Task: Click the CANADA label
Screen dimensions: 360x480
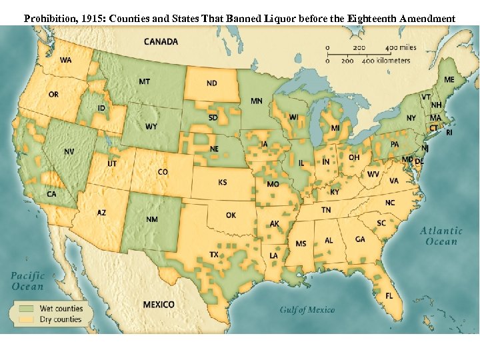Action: pos(161,41)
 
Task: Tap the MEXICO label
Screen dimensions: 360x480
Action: pos(159,305)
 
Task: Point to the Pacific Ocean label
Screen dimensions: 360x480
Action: pos(27,281)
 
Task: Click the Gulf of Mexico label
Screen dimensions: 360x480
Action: pos(307,309)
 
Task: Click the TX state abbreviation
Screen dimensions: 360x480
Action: pos(214,255)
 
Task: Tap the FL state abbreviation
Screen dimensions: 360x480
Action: pos(389,295)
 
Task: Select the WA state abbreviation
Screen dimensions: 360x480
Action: pos(66,60)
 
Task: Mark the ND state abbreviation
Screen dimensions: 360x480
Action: pos(211,83)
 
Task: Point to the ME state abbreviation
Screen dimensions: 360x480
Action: pos(449,80)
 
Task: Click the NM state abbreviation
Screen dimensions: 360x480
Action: pos(151,219)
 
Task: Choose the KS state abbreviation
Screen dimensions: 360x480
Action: pos(223,182)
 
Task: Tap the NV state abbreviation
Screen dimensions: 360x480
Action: pos(69,152)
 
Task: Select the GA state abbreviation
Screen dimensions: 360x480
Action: pos(360,239)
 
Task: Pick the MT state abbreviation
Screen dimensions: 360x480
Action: pos(144,81)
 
